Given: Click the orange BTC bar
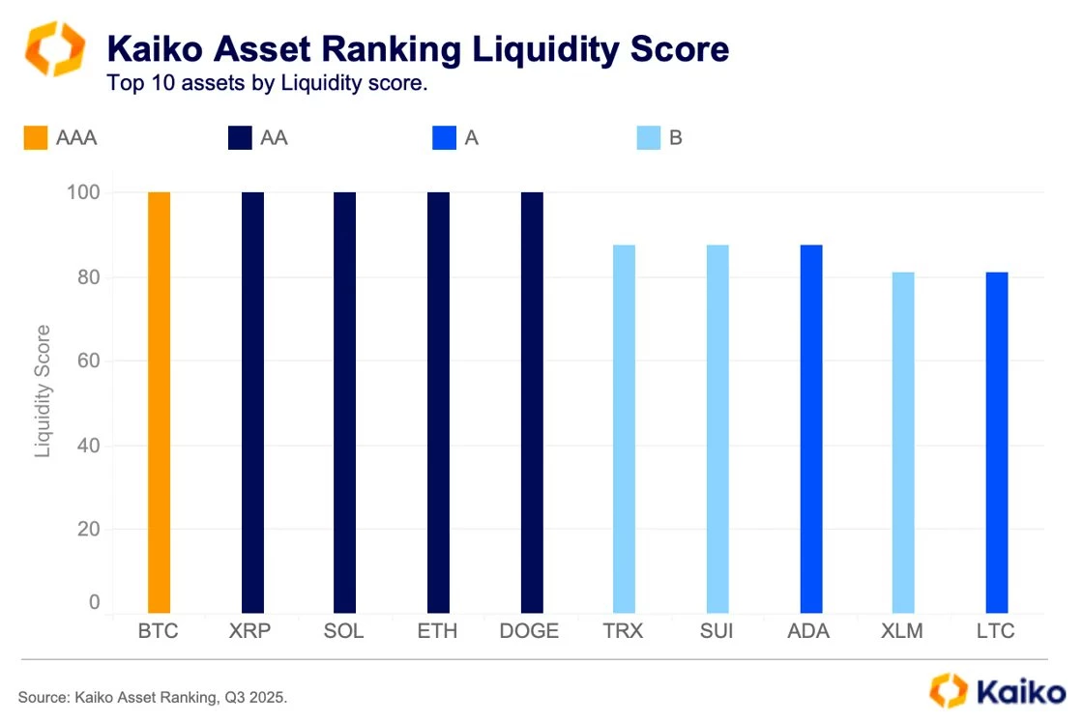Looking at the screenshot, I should pyautogui.click(x=159, y=402).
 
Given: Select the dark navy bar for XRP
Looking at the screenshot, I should pyautogui.click(x=252, y=402).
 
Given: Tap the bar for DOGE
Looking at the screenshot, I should pyautogui.click(x=532, y=402).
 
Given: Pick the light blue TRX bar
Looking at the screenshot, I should pyautogui.click(x=625, y=429).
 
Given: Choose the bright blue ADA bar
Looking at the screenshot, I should pyautogui.click(x=811, y=429).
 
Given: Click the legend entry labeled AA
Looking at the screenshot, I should pyautogui.click(x=274, y=138).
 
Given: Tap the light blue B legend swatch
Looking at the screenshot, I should pyautogui.click(x=648, y=138).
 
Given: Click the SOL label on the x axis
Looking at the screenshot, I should pyautogui.click(x=344, y=631).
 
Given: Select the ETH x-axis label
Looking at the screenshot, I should pyautogui.click(x=438, y=631).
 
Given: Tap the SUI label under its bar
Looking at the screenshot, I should pyautogui.click(x=717, y=631).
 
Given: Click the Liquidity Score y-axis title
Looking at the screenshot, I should pyautogui.click(x=43, y=390).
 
